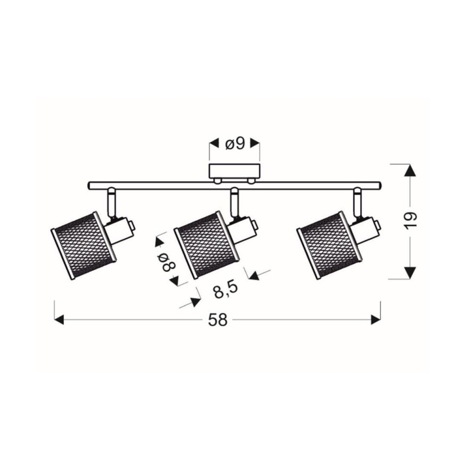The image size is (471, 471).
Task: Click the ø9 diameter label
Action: coord(234,144)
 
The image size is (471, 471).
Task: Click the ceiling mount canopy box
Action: coord(234,171)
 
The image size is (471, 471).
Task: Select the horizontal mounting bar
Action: coord(163,185)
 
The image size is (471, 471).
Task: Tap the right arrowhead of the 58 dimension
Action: coord(375,320)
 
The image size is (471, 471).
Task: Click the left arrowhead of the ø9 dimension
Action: coord(213,144)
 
